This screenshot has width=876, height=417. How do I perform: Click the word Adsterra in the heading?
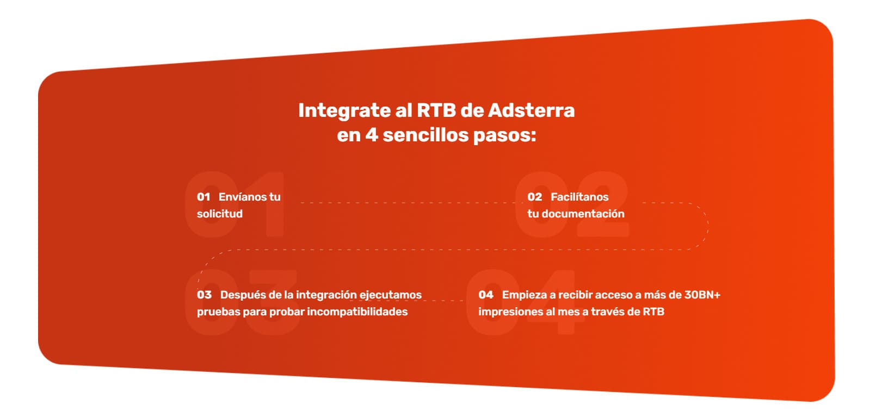[531, 110]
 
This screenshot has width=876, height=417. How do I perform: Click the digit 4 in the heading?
[371, 135]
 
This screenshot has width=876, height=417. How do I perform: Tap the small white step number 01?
[203, 197]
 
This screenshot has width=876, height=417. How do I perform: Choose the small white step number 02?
[534, 197]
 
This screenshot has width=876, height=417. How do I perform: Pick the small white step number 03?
[204, 295]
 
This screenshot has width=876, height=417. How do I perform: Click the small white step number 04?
[486, 295]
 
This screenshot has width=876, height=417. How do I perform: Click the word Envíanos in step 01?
[242, 197]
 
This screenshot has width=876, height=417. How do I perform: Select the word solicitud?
[220, 214]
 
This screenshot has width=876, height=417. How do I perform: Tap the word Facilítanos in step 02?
[579, 197]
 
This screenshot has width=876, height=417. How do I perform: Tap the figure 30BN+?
[702, 295]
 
